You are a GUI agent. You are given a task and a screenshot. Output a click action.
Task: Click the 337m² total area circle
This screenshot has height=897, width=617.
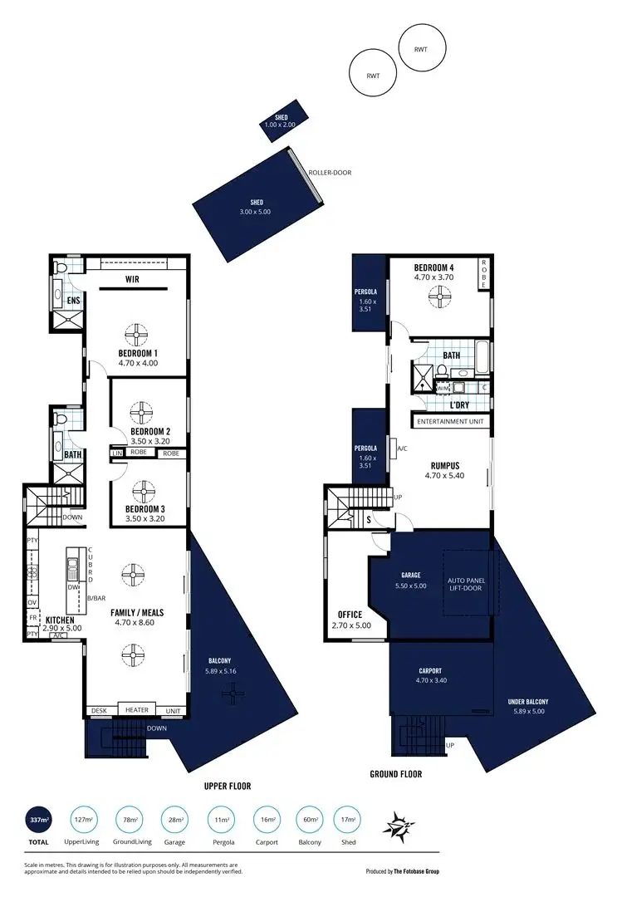pos(38,822)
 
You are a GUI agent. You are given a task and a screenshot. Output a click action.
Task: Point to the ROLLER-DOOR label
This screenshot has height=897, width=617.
pos(330,173)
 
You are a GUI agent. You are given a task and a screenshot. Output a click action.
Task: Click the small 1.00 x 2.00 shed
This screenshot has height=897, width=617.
pos(281,121)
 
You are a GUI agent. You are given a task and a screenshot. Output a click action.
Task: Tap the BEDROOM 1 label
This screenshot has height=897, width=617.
pos(139,353)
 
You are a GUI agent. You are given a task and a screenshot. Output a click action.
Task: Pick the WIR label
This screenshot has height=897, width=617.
pos(131,280)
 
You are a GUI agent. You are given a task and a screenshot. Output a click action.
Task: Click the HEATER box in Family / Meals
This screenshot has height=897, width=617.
pos(137,710)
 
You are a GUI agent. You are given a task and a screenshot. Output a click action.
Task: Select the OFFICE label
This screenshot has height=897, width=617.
pos(350,615)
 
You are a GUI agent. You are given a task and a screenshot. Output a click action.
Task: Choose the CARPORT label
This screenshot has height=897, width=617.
pos(430,670)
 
